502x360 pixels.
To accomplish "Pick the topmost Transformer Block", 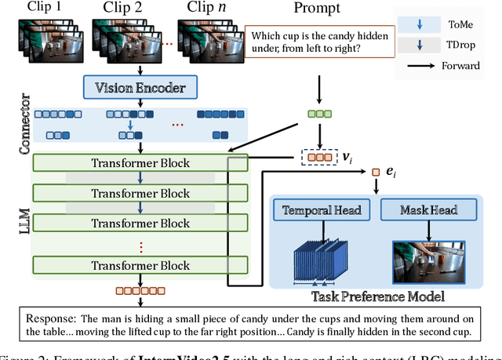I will point(140,162).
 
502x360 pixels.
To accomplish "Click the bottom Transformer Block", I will point(140,265).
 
